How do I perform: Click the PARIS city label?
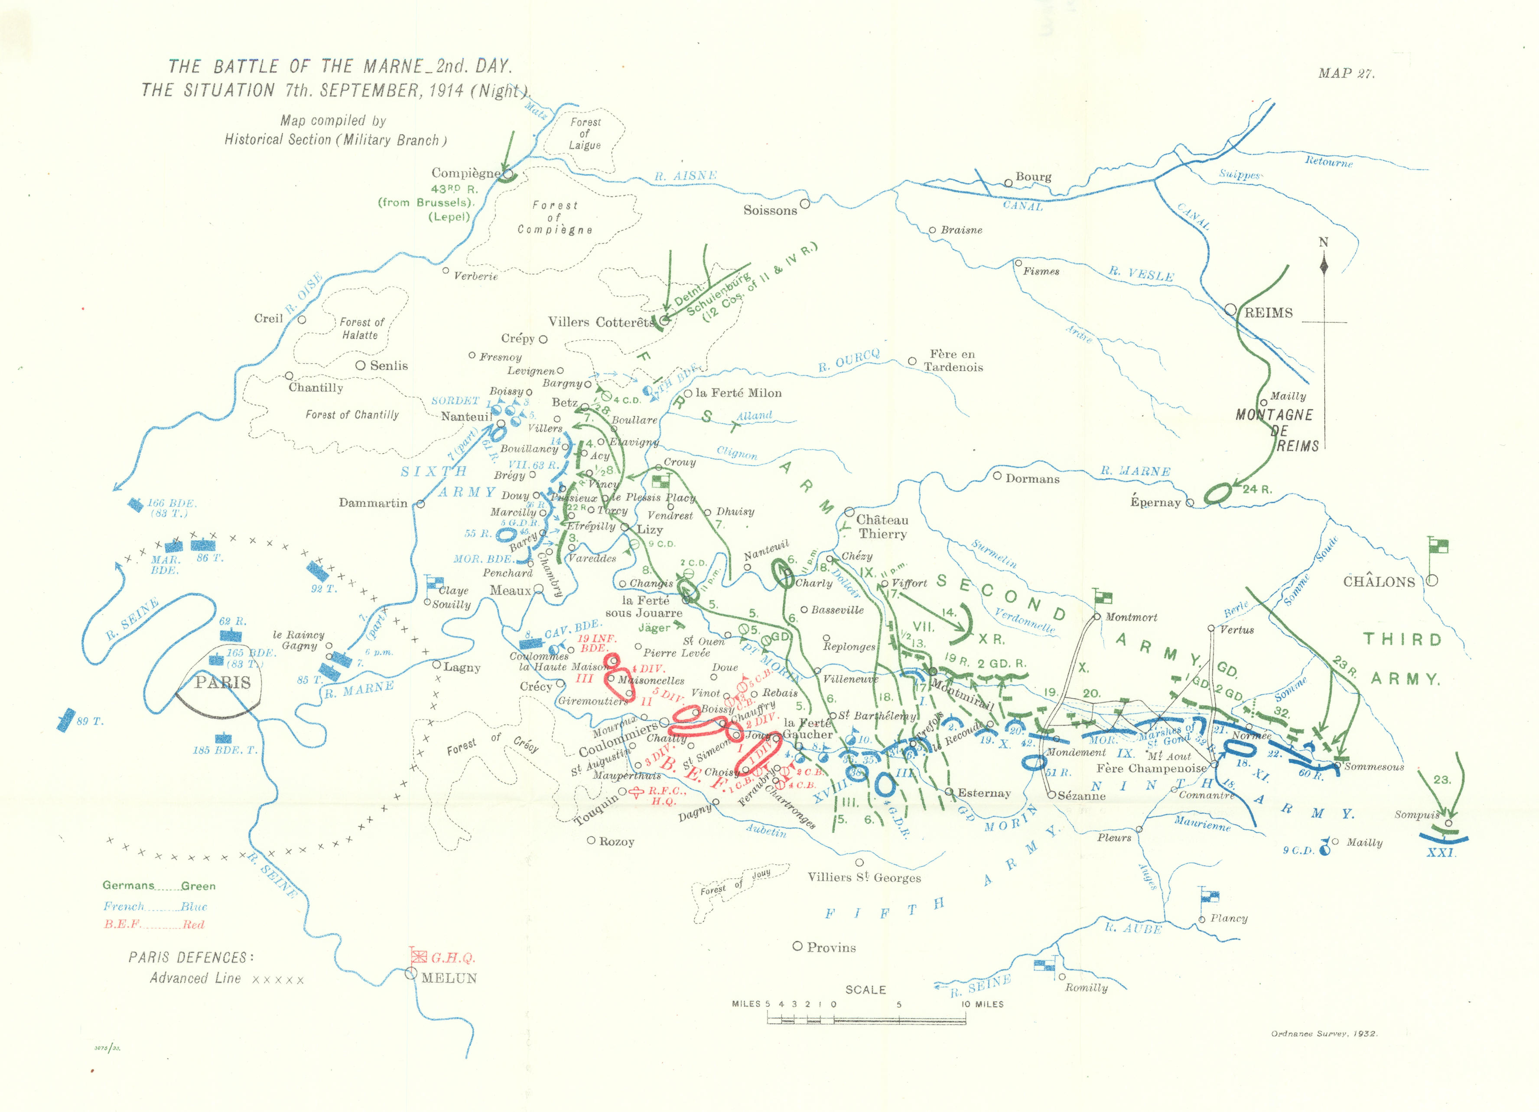coord(223,682)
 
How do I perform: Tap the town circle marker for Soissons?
coord(805,203)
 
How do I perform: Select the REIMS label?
coord(1268,313)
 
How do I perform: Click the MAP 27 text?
coord(1346,73)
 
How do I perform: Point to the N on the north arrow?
coord(1323,242)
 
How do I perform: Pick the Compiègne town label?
coord(465,173)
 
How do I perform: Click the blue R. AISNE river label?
coord(685,176)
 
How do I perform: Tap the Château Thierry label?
coord(882,527)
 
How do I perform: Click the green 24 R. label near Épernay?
coord(1257,489)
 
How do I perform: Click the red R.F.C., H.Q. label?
coord(667,796)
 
